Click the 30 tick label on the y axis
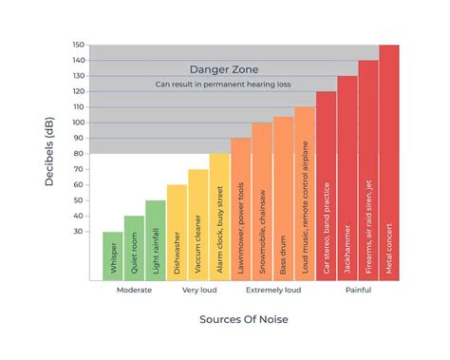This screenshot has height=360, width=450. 81,232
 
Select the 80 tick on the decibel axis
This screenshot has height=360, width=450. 81,154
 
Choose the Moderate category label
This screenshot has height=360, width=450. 135,291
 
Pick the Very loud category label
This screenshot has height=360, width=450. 198,291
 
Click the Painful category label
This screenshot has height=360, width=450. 358,291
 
